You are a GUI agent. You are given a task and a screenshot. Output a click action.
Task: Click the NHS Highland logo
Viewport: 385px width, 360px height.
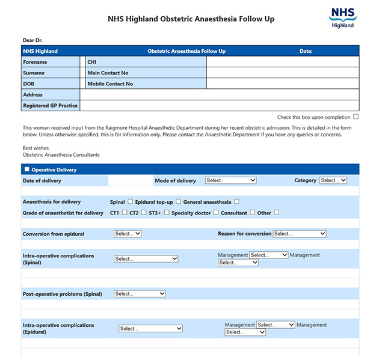click(343, 18)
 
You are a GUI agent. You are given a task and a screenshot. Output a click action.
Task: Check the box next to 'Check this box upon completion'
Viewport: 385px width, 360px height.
click(356, 117)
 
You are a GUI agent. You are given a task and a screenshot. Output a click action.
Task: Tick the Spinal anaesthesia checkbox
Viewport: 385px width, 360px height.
click(131, 201)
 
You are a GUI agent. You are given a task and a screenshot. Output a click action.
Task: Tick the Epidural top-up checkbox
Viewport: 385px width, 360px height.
click(179, 201)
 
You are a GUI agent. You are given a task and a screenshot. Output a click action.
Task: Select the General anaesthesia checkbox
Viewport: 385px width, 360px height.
click(236, 201)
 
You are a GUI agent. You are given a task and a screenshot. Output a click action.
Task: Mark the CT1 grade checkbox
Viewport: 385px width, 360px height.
click(125, 212)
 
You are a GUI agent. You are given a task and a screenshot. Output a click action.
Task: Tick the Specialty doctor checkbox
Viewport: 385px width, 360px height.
click(216, 212)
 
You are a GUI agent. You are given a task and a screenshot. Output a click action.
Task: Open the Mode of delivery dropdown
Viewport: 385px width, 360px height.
click(231, 180)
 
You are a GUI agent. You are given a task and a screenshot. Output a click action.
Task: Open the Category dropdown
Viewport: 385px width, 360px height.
click(333, 180)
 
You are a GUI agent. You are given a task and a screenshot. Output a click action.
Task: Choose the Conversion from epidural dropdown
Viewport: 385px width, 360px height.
click(128, 234)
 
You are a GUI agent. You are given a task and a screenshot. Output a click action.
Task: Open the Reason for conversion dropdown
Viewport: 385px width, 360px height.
click(300, 234)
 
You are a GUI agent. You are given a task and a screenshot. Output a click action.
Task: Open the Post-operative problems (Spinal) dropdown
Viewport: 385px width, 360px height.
click(140, 294)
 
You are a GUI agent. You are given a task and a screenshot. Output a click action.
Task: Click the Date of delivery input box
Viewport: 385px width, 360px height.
click(130, 180)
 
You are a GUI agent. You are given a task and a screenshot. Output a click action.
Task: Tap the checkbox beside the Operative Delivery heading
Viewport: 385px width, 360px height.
click(26, 169)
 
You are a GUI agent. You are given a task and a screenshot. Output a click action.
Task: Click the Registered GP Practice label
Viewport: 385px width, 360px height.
click(50, 105)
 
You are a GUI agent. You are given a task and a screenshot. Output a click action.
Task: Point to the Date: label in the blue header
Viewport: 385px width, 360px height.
click(306, 51)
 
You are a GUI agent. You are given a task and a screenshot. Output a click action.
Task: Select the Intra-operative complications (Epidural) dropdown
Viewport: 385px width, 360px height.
click(150, 329)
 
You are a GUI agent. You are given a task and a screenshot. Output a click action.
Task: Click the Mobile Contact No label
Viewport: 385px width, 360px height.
click(110, 84)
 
